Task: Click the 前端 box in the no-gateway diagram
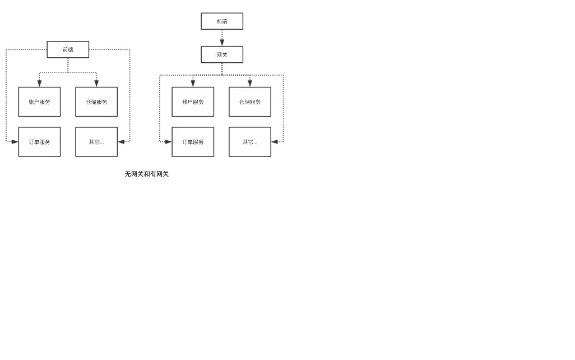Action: pyautogui.click(x=68, y=49)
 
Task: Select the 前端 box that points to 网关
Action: pyautogui.click(x=222, y=21)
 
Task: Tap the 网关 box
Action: pyautogui.click(x=222, y=54)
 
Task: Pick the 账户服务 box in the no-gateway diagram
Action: pyautogui.click(x=39, y=101)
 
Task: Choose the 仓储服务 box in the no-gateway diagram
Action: pyautogui.click(x=96, y=101)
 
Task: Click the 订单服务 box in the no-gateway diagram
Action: pyautogui.click(x=39, y=142)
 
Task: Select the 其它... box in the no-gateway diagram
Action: pyautogui.click(x=96, y=142)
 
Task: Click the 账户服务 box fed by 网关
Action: pyautogui.click(x=193, y=101)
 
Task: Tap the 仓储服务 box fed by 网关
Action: pyautogui.click(x=250, y=101)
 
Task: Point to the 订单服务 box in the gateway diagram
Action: pyautogui.click(x=193, y=142)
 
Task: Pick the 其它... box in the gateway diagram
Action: pyautogui.click(x=250, y=142)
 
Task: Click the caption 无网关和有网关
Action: pyautogui.click(x=147, y=174)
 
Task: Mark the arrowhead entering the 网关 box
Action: pyautogui.click(x=222, y=43)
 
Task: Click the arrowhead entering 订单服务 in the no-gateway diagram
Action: pyautogui.click(x=15, y=142)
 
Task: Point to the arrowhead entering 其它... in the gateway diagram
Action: pyautogui.click(x=275, y=142)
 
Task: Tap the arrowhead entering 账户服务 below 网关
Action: pyautogui.click(x=193, y=84)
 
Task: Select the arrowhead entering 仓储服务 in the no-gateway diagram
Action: pyautogui.click(x=96, y=84)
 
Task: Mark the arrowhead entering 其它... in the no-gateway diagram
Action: pyautogui.click(x=121, y=142)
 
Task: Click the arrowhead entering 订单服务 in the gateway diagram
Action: pyautogui.click(x=168, y=142)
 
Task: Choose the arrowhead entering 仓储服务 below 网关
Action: pyautogui.click(x=250, y=84)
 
